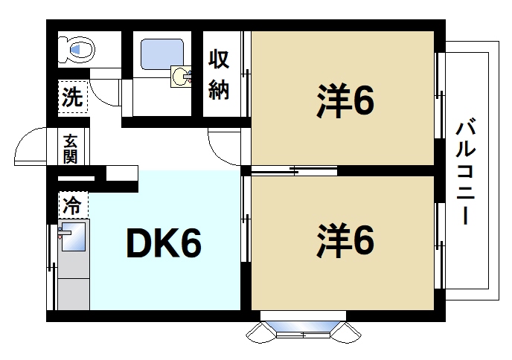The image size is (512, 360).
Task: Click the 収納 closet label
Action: click(x=218, y=74)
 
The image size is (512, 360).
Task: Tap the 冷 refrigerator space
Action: click(x=73, y=203)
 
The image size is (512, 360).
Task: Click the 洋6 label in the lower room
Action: click(x=343, y=240)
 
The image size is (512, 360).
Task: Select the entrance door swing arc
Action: click(x=30, y=145)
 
